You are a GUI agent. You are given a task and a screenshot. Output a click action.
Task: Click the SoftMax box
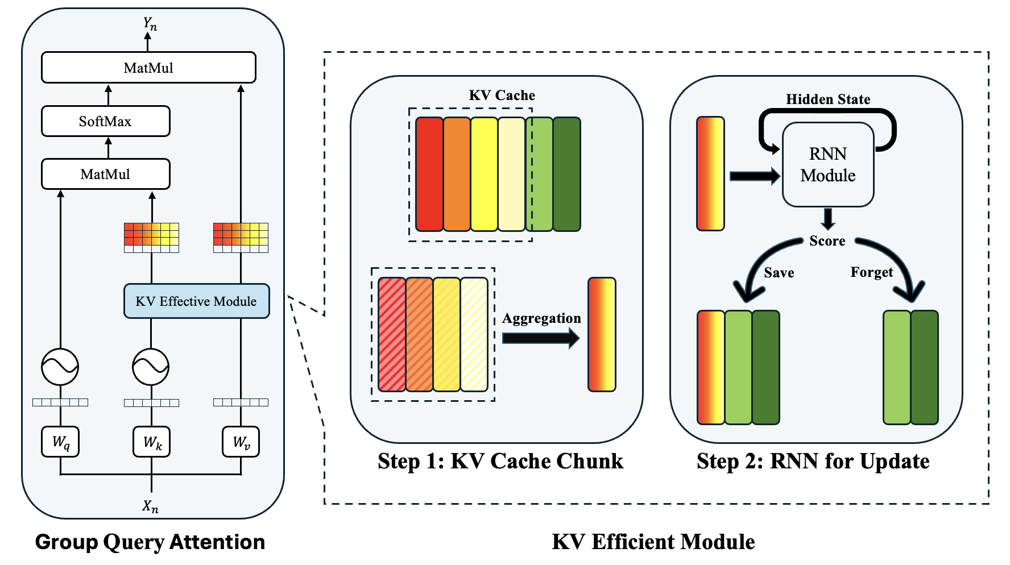105,121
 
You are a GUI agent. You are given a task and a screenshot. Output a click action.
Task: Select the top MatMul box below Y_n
148,68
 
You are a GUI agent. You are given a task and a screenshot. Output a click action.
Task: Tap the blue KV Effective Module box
196,301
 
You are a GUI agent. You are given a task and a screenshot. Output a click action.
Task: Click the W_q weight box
60,442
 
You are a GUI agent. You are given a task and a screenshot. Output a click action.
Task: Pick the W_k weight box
152,442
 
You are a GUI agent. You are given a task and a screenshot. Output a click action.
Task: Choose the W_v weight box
241,442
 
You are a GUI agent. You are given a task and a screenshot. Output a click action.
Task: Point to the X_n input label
150,505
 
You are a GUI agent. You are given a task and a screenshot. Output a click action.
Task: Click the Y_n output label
150,24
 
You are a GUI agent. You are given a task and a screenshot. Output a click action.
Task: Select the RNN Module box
827,164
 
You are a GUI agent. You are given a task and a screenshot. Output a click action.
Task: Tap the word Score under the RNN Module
827,241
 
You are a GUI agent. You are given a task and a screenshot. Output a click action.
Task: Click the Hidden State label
827,99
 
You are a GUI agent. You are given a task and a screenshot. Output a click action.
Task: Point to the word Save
779,273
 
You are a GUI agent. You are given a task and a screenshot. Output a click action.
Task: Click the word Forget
871,272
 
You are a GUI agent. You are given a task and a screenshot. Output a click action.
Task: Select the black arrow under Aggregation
540,338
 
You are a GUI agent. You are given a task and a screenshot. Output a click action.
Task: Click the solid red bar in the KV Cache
429,174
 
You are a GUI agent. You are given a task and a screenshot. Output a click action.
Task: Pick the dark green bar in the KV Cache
566,174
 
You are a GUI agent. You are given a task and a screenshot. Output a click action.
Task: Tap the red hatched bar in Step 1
392,334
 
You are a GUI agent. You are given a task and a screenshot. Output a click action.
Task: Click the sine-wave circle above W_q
60,367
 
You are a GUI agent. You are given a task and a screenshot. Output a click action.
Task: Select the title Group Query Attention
150,542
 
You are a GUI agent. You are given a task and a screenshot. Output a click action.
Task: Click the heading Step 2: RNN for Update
813,461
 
